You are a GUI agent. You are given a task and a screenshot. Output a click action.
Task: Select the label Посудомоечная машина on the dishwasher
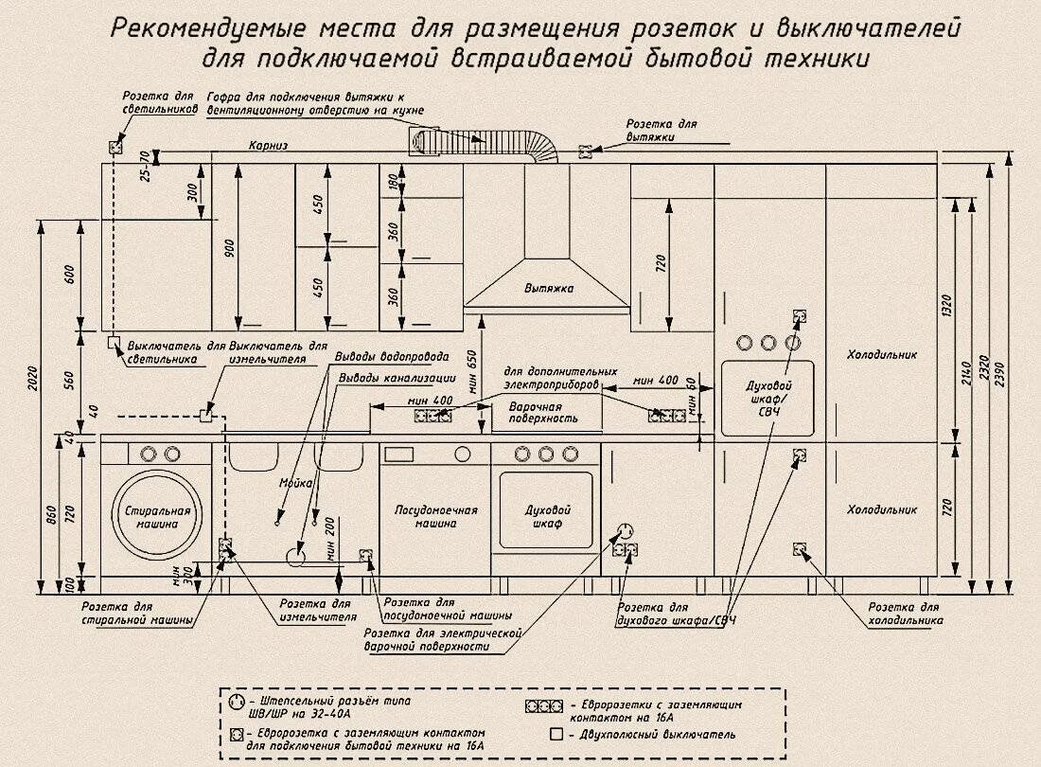pos(435,516)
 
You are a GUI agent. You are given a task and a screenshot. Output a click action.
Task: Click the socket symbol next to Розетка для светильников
pos(115,147)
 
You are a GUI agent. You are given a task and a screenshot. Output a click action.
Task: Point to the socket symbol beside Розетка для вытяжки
pos(585,152)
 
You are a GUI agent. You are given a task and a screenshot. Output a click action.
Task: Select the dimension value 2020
pos(35,379)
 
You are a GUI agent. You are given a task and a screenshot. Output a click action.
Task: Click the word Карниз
pos(268,146)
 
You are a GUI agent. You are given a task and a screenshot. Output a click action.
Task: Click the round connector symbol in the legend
pos(236,703)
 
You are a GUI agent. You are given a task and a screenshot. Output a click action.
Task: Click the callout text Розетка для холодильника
pos(906,614)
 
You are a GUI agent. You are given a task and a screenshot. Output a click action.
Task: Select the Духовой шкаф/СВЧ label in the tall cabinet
pos(768,399)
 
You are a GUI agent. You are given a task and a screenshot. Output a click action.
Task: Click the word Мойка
pos(295,484)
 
